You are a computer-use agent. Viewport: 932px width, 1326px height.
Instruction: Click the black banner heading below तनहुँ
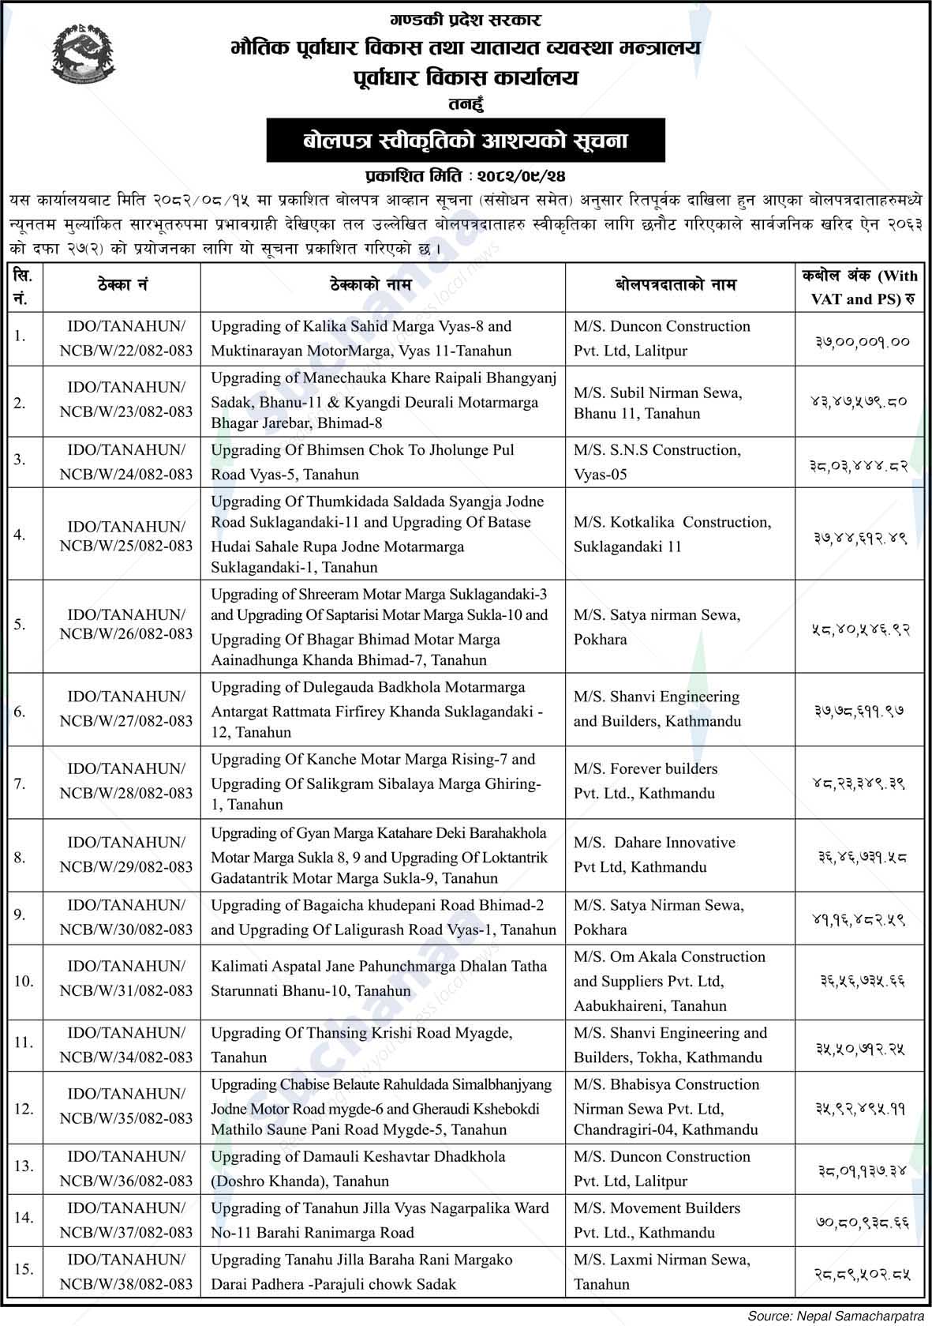pyautogui.click(x=466, y=141)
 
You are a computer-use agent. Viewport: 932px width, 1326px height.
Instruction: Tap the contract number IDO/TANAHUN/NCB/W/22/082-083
pyautogui.click(x=126, y=338)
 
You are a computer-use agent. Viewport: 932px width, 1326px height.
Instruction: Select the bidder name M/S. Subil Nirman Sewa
pyautogui.click(x=657, y=402)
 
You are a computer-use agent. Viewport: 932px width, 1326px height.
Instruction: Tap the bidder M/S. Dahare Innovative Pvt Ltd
pyautogui.click(x=654, y=855)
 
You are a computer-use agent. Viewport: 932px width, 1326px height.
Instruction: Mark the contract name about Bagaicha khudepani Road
pyautogui.click(x=384, y=917)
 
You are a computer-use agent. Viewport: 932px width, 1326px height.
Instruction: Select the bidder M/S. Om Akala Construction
pyautogui.click(x=669, y=980)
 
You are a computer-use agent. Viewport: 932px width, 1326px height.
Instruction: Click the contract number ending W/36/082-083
pyautogui.click(x=126, y=1168)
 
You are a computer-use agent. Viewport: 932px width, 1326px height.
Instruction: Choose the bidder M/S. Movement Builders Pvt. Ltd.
pyautogui.click(x=657, y=1219)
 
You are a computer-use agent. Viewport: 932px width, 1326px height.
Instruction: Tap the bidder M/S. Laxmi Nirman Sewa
pyautogui.click(x=661, y=1272)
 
